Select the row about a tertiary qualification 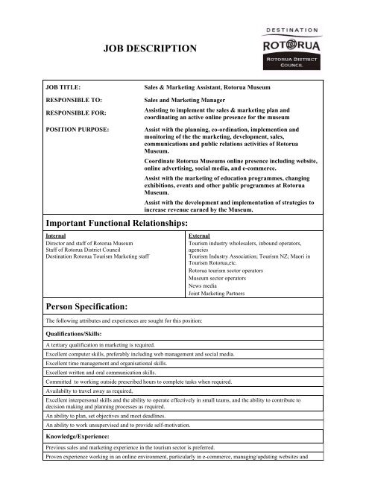[113, 347]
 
